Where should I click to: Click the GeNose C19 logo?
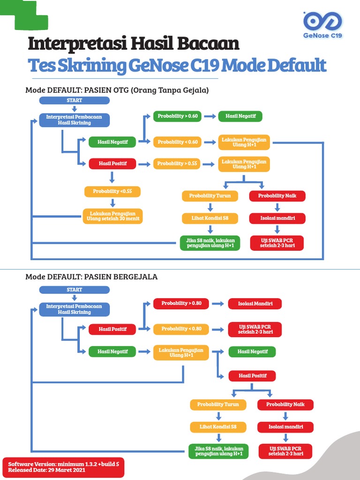point(323,24)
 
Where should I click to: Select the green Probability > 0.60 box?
point(178,116)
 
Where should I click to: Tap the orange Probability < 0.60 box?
point(178,142)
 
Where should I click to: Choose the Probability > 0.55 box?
point(178,164)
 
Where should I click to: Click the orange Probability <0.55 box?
point(112,191)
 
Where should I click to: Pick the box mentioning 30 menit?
point(112,216)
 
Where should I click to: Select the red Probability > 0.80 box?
point(181,303)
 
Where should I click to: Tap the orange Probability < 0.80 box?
point(181,329)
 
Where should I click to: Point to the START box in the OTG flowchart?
point(75,100)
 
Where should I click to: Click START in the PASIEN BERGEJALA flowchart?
point(75,290)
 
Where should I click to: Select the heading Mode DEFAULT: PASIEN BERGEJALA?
point(91,277)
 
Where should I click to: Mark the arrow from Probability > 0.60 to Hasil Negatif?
point(210,116)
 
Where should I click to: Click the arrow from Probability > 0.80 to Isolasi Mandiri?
point(218,304)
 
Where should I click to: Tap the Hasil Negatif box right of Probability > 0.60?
point(240,116)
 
